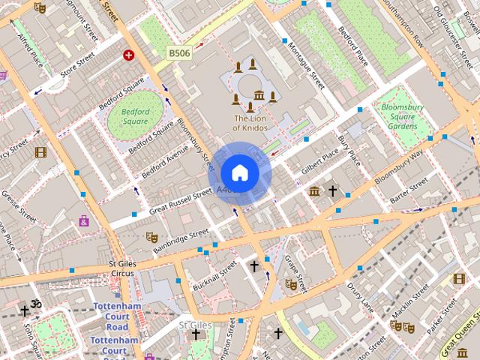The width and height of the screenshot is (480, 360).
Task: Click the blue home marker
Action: tap(239, 173)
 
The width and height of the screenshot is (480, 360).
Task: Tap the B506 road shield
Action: tap(179, 53)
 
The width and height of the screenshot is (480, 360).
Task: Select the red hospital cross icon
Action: tap(128, 55)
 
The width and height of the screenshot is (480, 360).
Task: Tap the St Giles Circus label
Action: tap(121, 268)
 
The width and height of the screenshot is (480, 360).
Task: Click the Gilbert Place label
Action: tap(320, 157)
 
